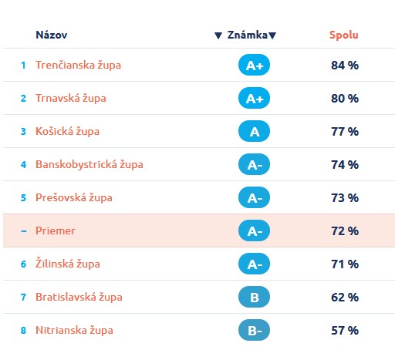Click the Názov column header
(x=52, y=35)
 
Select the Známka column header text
(x=248, y=35)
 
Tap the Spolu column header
(x=344, y=35)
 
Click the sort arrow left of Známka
(x=218, y=35)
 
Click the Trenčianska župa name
(x=78, y=65)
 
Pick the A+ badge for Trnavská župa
(x=254, y=98)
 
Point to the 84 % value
(x=345, y=66)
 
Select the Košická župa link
(x=67, y=131)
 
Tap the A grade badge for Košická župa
(x=254, y=131)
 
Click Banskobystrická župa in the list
(x=89, y=164)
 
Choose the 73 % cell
(x=345, y=198)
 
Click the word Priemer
(x=56, y=230)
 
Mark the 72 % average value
(x=345, y=231)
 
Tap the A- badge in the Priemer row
(x=254, y=230)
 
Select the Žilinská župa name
(x=68, y=263)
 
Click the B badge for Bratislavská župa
(x=254, y=297)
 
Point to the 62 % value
(x=345, y=298)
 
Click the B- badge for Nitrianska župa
(x=254, y=330)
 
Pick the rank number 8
(x=23, y=331)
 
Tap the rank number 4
(x=23, y=165)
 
